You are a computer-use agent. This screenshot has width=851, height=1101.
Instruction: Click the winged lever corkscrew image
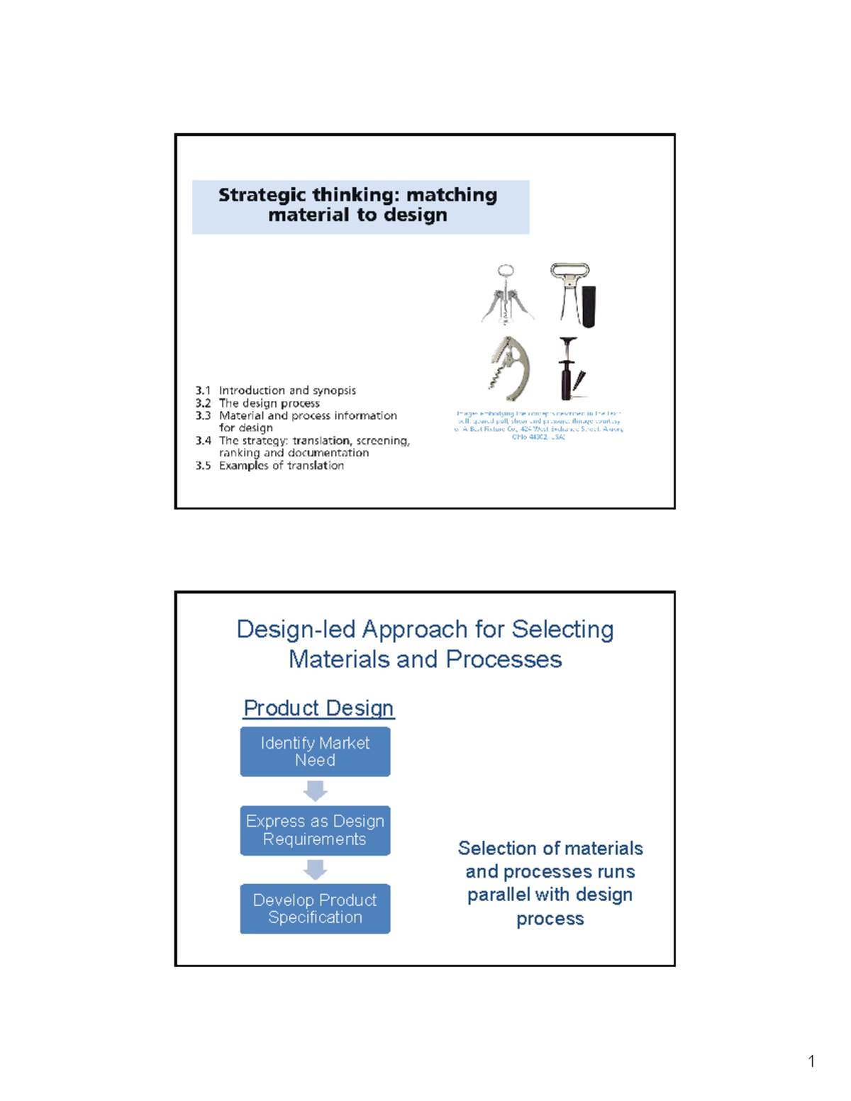[x=506, y=294]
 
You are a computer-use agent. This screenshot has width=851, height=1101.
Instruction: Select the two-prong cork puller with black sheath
[x=574, y=295]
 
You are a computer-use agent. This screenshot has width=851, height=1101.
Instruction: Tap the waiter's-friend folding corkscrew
[x=509, y=369]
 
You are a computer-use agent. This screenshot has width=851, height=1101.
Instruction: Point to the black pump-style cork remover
[x=570, y=369]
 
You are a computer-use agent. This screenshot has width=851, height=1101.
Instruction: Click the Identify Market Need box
[x=315, y=751]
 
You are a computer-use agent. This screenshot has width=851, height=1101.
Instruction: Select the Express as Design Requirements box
[x=315, y=830]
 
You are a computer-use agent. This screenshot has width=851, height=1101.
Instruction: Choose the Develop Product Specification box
[x=315, y=909]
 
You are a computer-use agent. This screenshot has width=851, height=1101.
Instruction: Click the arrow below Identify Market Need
[x=315, y=790]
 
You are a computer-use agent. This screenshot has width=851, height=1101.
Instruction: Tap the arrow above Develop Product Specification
[x=315, y=869]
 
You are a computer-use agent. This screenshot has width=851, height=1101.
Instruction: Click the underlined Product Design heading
[x=318, y=708]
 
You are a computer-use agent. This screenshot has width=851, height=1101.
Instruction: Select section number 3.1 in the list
[x=203, y=391]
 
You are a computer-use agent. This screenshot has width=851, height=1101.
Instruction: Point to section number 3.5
[x=203, y=466]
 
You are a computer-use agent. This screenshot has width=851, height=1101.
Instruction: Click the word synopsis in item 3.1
[x=334, y=391]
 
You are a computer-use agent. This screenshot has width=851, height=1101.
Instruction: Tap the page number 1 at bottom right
[x=811, y=1061]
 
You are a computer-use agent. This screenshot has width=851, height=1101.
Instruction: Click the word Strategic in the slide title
[x=262, y=195]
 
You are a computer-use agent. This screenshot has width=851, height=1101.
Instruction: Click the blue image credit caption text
[x=538, y=425]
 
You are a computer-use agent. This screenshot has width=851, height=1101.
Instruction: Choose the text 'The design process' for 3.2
[x=269, y=403]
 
